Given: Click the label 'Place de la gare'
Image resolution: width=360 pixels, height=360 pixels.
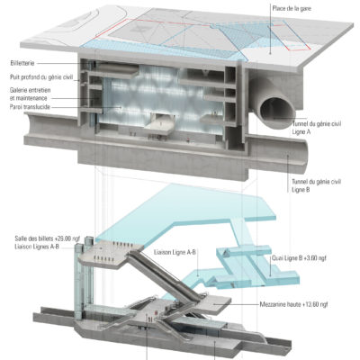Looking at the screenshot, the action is coord(292,8).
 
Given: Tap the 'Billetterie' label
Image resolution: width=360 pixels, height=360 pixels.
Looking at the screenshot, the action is coord(22,63).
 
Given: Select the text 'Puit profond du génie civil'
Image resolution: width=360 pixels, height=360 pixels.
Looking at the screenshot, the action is coord(41,77).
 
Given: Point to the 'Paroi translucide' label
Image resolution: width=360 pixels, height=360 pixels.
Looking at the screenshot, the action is coord(30,107).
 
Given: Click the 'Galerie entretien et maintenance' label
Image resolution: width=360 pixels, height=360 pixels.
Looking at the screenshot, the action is coord(30,94).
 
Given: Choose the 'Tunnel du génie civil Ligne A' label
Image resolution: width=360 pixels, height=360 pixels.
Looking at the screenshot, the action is coord(316,128).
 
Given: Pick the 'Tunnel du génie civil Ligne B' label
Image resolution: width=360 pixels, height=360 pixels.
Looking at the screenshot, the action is coord(316,185).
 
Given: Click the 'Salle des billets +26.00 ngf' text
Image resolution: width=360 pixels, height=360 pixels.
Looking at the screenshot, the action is coord(48,238).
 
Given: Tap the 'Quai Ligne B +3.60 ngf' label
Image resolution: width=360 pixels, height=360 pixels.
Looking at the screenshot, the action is coord(299,258).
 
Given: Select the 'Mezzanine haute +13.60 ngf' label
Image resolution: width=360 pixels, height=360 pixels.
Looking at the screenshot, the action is coord(293,304).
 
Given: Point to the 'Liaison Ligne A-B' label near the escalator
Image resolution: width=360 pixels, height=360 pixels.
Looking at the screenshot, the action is coord(175,252).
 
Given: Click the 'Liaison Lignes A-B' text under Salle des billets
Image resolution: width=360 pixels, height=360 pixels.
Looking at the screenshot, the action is coord(37,247).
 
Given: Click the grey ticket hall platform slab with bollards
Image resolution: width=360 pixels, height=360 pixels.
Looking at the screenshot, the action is coord(110,255).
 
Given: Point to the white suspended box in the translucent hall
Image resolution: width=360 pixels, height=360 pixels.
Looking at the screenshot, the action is coord(159,123).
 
